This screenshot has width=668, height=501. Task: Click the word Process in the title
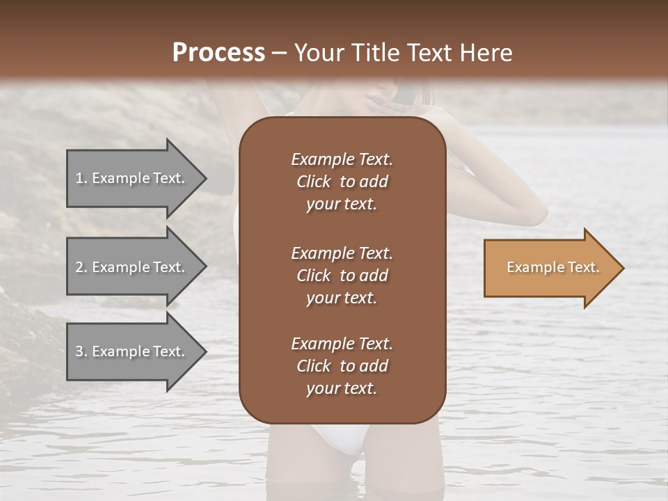point(218,53)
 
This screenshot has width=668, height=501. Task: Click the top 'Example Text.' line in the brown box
point(342,159)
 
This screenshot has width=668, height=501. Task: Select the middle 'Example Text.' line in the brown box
point(342,253)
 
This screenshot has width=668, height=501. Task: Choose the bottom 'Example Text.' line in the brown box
point(342,344)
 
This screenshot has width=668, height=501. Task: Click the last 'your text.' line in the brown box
point(342,389)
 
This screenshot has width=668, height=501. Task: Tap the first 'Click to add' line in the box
point(342,182)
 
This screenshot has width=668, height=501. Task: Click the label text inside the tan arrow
point(552,267)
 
